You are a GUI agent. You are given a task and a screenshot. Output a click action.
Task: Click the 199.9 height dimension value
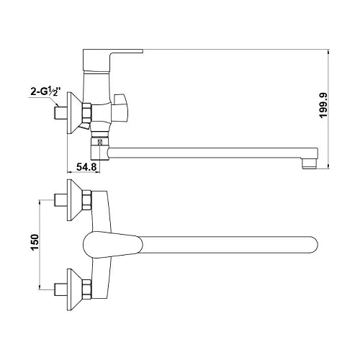[323, 105]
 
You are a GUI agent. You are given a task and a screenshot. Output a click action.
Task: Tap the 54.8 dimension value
[86, 167]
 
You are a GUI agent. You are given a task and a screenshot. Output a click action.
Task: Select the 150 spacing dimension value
[35, 243]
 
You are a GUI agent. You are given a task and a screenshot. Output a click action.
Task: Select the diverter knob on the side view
[120, 107]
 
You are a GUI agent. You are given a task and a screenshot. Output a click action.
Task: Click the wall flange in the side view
[74, 112]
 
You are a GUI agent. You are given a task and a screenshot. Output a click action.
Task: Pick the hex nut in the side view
[87, 113]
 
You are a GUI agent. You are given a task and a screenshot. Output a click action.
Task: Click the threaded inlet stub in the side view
[60, 113]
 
